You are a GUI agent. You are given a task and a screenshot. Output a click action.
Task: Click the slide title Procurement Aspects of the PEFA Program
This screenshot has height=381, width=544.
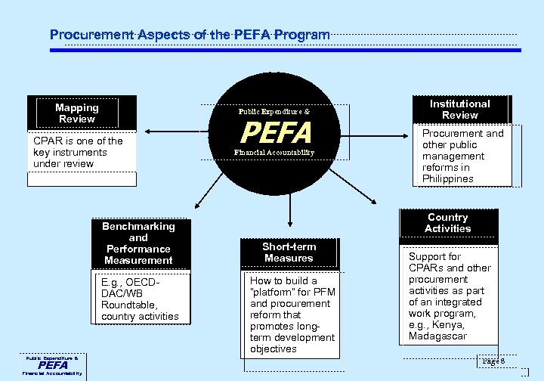pos(189,35)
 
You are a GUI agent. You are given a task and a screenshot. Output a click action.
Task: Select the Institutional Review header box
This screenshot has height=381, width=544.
pos(459,110)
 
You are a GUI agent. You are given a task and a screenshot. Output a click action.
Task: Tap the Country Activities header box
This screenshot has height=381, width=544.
pos(447,223)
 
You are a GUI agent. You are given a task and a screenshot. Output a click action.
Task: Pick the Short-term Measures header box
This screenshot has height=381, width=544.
pos(289,252)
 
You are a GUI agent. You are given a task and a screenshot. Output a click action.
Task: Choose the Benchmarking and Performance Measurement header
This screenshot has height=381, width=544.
pos(138,243)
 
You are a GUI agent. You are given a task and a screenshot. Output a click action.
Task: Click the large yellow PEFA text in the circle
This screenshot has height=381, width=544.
pos(276,134)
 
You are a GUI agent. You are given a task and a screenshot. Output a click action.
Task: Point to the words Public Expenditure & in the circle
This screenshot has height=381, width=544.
pos(274,112)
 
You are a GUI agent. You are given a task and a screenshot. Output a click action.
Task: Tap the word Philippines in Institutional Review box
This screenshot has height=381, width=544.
pos(448,179)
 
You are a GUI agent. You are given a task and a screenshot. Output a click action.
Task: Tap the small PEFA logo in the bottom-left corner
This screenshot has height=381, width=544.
pos(54,365)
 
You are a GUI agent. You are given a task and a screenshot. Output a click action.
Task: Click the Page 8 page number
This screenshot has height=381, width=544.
pos(495,362)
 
